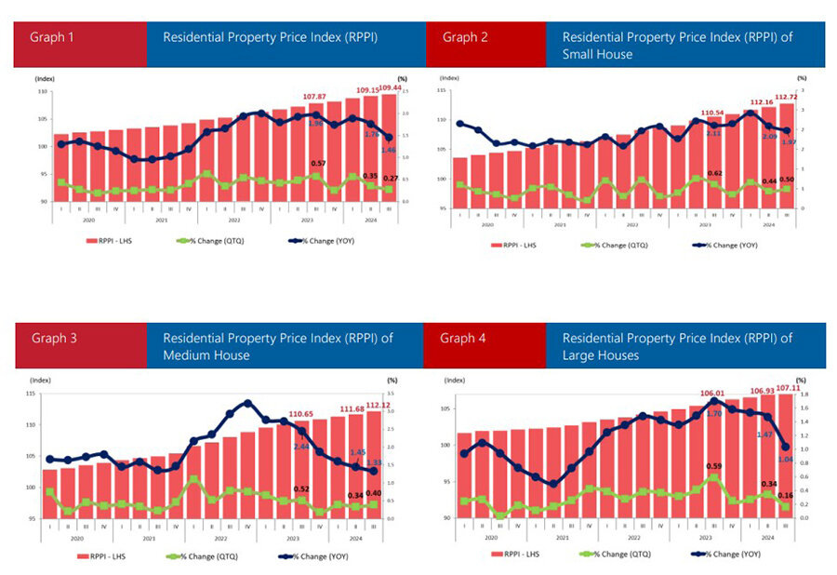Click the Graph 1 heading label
52,38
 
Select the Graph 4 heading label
463,338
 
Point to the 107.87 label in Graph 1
315,97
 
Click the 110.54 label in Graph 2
711,113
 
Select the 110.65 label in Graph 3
306,413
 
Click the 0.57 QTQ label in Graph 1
318,164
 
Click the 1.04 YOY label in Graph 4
786,459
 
